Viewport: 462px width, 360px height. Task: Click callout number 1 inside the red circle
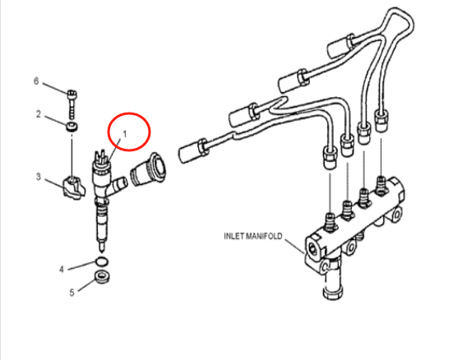click(125, 134)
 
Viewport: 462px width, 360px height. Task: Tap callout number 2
click(39, 114)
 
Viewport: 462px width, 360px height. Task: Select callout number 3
click(39, 177)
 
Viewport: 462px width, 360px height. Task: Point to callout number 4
click(62, 270)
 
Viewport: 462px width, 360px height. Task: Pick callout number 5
click(72, 293)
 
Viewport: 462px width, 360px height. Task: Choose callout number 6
click(36, 81)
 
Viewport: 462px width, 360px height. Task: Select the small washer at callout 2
click(72, 127)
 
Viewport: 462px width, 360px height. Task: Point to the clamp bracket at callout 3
click(74, 187)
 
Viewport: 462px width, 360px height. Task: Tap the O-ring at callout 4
click(102, 261)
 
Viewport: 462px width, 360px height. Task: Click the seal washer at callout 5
click(102, 277)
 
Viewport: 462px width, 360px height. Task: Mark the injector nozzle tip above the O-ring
click(102, 247)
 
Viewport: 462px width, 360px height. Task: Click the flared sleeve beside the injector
click(148, 169)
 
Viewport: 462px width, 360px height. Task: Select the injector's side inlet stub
click(118, 186)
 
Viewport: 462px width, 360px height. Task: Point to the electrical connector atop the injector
click(101, 159)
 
